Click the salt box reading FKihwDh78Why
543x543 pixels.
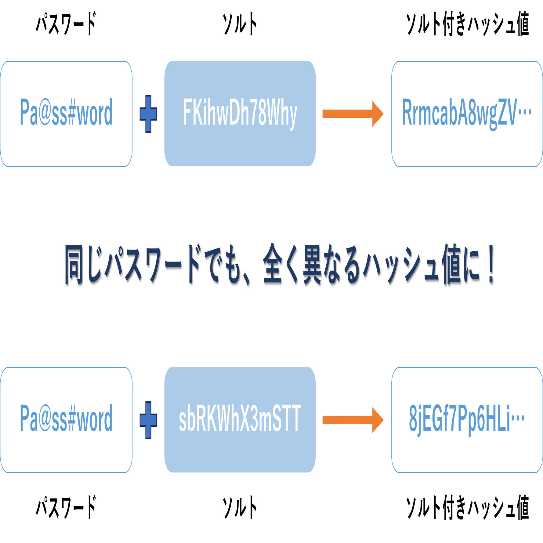coord(240,114)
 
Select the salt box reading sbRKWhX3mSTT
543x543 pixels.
coord(240,419)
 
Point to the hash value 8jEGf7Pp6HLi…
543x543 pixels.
coord(466,419)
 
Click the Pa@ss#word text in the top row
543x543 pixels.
coord(66,112)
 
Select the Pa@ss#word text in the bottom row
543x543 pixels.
coord(66,418)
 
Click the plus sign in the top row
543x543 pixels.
coord(148,114)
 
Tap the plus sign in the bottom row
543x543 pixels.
coord(148,420)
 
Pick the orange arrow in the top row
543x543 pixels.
coord(353,114)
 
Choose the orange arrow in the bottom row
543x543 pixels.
coord(353,420)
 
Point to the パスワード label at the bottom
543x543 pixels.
coord(66,507)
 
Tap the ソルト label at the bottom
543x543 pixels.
coord(240,508)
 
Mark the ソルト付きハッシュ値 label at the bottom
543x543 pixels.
coord(467,508)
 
